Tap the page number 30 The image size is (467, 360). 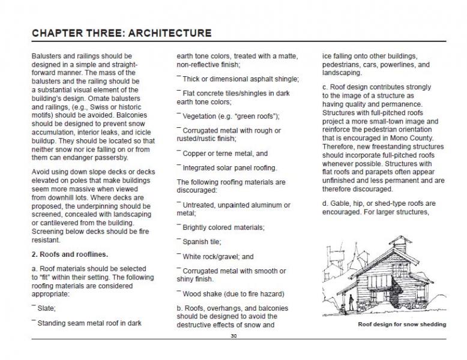tap(233, 337)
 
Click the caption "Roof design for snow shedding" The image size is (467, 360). tap(402, 325)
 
